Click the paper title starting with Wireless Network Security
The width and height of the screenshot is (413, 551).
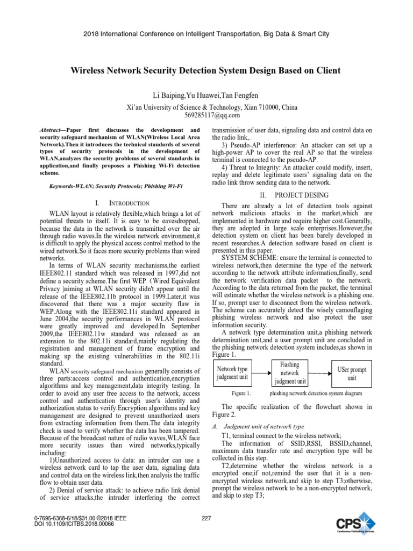click(x=206, y=70)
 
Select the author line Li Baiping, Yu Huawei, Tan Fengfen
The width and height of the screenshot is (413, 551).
click(x=206, y=95)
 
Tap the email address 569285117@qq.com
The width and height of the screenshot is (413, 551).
click(x=206, y=115)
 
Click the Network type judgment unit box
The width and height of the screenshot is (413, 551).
click(x=232, y=373)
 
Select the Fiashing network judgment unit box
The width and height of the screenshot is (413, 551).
click(x=290, y=373)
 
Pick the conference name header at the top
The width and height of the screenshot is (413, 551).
click(x=206, y=34)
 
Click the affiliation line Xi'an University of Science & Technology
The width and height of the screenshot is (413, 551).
click(x=206, y=107)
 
